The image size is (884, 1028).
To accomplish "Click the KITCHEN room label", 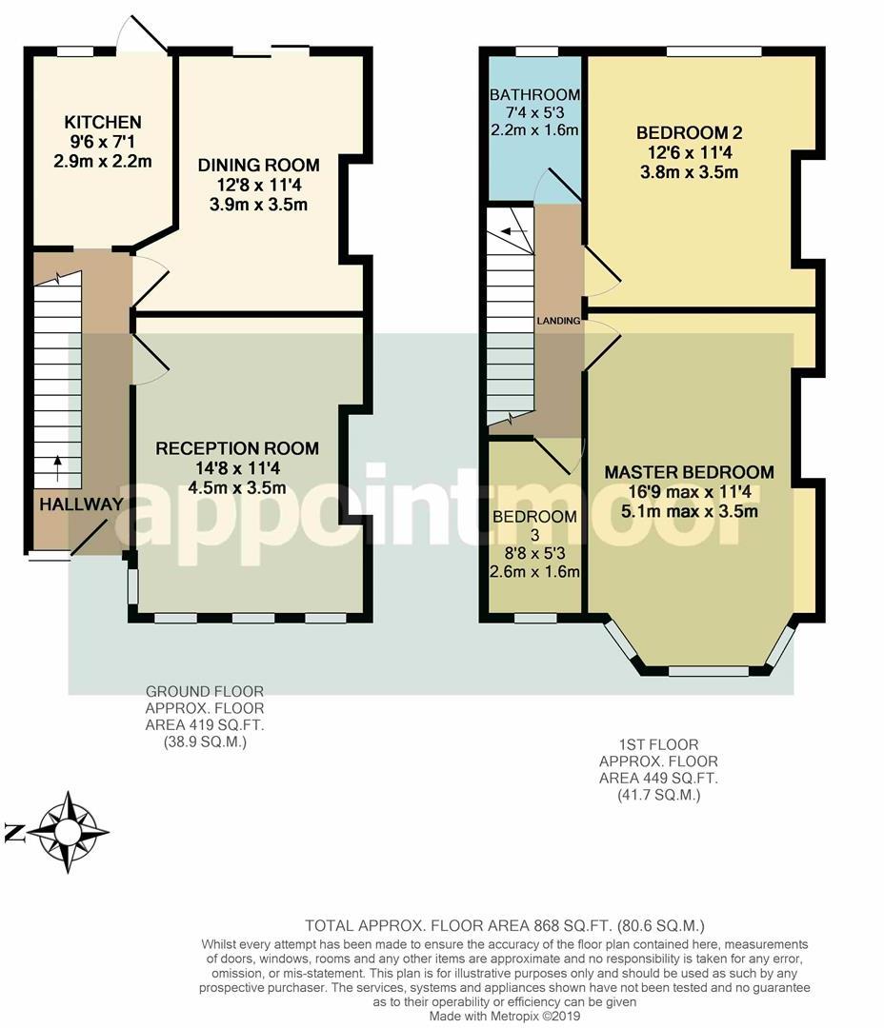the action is [102, 122].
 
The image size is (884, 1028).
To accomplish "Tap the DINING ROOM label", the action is [258, 165].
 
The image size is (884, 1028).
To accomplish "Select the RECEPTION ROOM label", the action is [237, 448].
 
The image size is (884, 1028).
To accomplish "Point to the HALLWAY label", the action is [81, 504].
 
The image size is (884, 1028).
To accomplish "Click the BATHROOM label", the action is [534, 94].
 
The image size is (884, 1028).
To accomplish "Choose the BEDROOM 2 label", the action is [689, 132].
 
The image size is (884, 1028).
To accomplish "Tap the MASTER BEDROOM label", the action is [689, 472].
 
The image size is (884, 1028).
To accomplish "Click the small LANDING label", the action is [558, 321].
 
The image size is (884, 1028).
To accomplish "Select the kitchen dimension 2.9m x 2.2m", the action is [102, 161].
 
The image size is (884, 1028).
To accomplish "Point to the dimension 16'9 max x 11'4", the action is [689, 492].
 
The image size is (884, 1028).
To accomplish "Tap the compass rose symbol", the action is [68, 832].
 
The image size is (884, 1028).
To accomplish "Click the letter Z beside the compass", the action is [14, 833].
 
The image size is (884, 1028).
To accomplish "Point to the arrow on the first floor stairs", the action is [513, 230].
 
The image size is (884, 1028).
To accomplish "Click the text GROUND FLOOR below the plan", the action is [205, 691].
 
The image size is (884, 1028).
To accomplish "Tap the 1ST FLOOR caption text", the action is [658, 744].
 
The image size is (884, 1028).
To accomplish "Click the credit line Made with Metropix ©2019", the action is [505, 1017].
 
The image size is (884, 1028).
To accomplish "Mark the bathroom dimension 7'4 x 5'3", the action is [534, 112].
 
